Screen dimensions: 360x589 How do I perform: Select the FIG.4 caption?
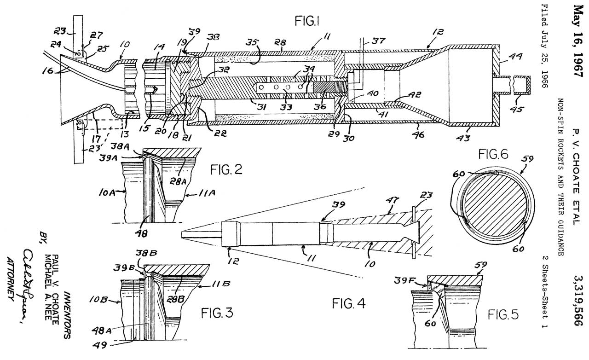point(347,304)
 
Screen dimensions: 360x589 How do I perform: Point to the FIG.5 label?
point(503,314)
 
